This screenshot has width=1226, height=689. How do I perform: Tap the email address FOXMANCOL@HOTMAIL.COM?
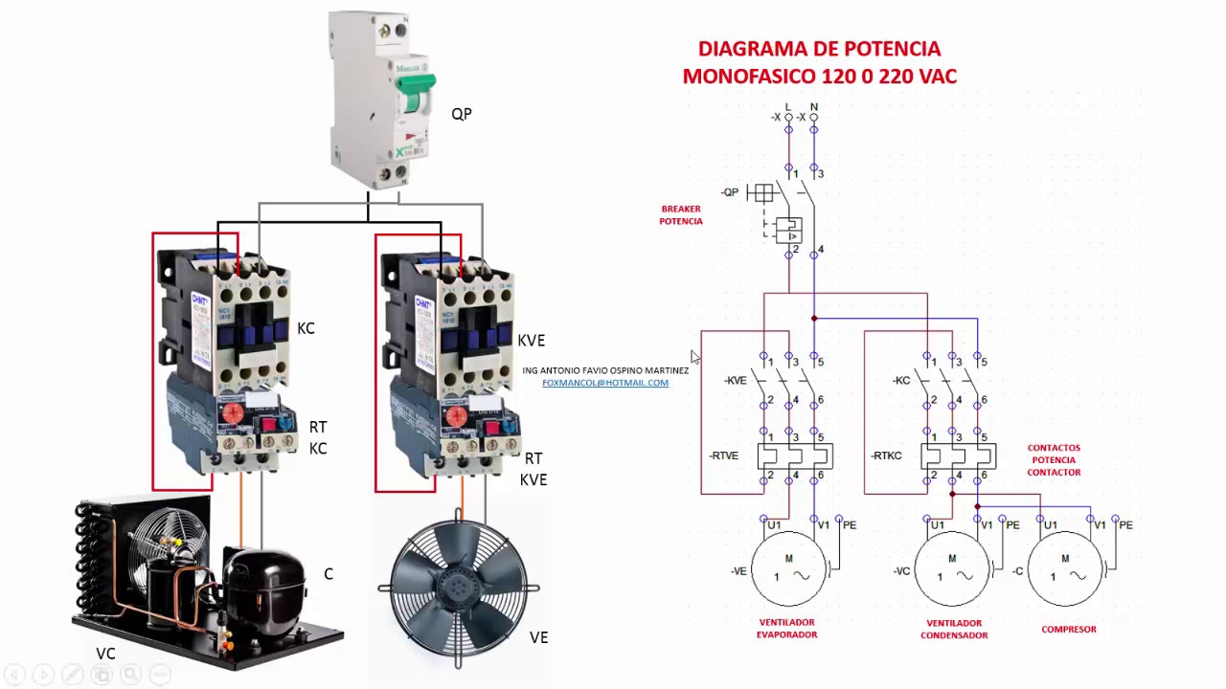[x=605, y=383]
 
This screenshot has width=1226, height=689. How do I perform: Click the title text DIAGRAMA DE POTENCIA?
[x=819, y=49]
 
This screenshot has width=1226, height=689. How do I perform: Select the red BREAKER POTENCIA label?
[x=681, y=215]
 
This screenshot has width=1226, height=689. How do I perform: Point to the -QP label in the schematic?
[x=730, y=192]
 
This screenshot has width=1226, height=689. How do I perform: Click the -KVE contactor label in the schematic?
[x=735, y=381]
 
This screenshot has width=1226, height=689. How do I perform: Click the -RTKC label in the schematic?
[x=886, y=456]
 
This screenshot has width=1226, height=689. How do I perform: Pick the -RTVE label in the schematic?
[x=723, y=456]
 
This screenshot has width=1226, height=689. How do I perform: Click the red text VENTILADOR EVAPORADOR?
[x=786, y=628]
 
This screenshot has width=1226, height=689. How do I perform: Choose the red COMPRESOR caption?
[x=1069, y=630]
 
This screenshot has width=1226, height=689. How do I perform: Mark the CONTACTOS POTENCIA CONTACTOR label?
[x=1054, y=460]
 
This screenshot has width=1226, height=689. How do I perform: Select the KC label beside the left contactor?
[x=306, y=328]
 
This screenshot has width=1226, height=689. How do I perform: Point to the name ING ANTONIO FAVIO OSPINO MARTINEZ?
[x=605, y=370]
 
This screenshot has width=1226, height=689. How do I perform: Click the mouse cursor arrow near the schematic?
[x=694, y=357]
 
